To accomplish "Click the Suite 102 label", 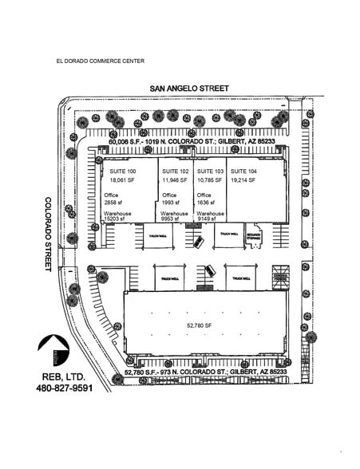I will click(176, 171).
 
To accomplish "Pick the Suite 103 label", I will click(210, 171).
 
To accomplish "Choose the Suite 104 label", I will click(243, 171).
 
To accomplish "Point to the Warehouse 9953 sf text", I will click(175, 217).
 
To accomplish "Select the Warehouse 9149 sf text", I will click(210, 217).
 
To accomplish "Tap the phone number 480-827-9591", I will click(70, 388).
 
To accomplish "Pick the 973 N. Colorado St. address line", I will click(205, 372).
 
